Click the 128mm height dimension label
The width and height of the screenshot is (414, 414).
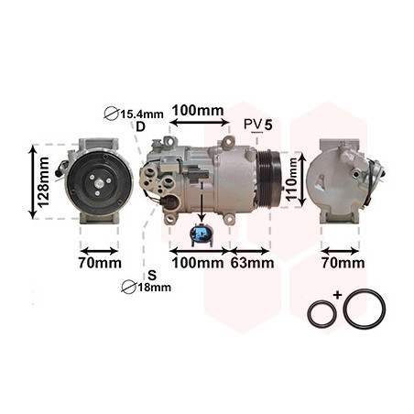[44, 182]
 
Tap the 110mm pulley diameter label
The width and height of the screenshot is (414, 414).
[292, 180]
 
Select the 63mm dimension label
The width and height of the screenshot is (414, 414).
[252, 263]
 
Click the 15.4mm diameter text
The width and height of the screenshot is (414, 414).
[142, 114]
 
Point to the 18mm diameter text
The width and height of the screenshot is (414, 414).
[155, 288]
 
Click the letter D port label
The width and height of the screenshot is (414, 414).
[140, 126]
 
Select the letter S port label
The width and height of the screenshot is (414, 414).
[152, 275]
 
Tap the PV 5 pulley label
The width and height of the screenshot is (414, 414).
[258, 125]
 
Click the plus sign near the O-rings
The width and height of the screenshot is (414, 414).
[337, 295]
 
